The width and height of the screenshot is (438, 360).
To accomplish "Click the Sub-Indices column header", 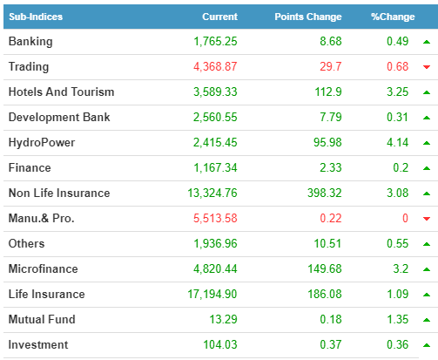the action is click(x=36, y=17).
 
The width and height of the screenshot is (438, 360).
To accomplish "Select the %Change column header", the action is click(x=393, y=17).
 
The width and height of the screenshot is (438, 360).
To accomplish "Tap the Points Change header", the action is click(x=308, y=17).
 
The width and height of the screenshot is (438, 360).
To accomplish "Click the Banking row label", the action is click(x=30, y=42).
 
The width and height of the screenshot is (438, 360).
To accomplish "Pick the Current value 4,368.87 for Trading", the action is click(x=215, y=66).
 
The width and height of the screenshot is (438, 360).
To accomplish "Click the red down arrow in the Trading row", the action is click(x=427, y=67).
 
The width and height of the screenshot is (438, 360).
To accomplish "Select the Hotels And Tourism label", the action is click(x=61, y=92).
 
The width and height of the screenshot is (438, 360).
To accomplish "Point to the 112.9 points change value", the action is click(x=328, y=92).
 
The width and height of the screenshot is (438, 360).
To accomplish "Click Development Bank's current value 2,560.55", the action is click(x=215, y=117).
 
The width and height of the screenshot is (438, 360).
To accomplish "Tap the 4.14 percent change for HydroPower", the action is click(x=397, y=142).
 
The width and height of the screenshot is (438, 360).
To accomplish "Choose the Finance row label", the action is click(x=30, y=167).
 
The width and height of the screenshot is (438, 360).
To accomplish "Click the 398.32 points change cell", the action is click(x=325, y=193).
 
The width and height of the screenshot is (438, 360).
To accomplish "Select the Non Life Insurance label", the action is click(x=59, y=193).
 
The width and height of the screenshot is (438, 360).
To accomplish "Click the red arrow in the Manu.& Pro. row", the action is click(x=427, y=219).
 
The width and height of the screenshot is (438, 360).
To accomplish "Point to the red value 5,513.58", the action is click(x=215, y=218).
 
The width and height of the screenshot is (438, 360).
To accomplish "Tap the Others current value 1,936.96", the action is click(x=215, y=243).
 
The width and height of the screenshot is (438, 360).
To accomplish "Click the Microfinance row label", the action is click(x=44, y=268).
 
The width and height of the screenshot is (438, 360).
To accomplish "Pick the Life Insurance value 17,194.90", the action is click(x=212, y=294).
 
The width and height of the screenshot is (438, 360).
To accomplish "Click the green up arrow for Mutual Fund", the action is click(x=427, y=320).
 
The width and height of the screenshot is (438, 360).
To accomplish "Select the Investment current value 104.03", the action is click(x=220, y=344).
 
